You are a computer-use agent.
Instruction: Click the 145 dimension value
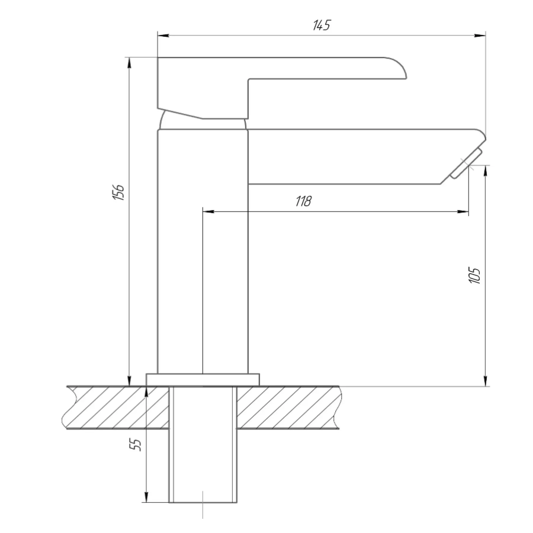(x=321, y=25)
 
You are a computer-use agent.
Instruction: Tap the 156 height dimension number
(x=118, y=192)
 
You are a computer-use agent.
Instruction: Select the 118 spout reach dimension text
(x=303, y=201)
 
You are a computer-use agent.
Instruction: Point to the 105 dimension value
(x=474, y=275)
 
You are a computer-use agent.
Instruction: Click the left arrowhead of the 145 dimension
(x=163, y=36)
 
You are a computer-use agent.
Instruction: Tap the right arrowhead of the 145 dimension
(x=480, y=36)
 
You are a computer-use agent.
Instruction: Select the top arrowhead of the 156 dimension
(x=129, y=63)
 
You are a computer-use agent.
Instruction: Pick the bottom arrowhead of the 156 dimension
(x=129, y=381)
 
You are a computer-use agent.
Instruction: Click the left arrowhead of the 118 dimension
(x=208, y=212)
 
